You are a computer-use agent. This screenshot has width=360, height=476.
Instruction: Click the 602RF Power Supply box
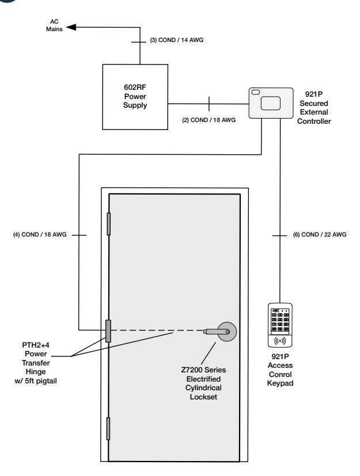point(135,97)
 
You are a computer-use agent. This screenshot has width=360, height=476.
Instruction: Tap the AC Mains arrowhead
point(71,27)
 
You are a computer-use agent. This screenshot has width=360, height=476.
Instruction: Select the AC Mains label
point(54,25)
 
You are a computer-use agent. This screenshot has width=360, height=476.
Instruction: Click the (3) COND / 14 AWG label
point(176,40)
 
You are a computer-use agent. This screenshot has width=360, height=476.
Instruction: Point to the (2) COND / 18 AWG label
point(209,120)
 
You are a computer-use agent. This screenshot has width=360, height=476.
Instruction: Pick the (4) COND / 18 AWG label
point(40,234)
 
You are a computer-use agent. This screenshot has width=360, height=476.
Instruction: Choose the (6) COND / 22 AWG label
point(320,234)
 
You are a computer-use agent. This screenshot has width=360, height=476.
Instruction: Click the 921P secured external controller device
point(271,103)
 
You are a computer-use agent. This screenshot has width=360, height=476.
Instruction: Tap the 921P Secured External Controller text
point(314,108)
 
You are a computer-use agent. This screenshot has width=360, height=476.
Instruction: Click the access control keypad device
point(280,325)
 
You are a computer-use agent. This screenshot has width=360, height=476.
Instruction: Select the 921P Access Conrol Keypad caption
point(280,370)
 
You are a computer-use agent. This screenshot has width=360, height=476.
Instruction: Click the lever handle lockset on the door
point(221,331)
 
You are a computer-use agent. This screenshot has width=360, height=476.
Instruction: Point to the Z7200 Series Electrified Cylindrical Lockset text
point(203,383)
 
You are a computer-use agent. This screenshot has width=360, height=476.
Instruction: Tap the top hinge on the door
point(108,224)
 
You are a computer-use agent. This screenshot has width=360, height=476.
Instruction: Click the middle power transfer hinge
point(108,331)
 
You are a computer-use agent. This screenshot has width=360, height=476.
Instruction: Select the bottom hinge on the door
point(108,428)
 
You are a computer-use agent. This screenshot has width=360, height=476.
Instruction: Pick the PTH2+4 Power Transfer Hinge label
point(36,363)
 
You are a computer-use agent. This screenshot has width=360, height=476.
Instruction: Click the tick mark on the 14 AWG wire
point(139,42)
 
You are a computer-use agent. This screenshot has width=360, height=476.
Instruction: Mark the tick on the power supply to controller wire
point(209,104)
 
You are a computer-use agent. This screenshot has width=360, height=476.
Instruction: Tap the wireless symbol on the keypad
point(280,341)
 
